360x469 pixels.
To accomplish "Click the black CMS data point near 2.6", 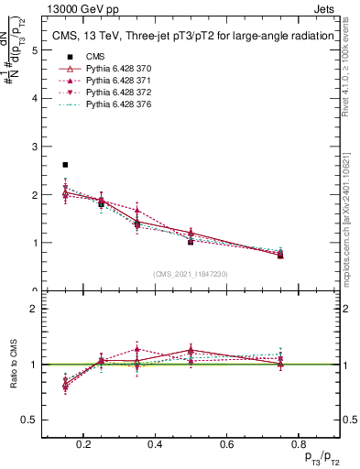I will (65, 165).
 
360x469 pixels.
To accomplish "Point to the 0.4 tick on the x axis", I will (154, 444).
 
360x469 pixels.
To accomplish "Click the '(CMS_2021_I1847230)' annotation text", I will (190, 274).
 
